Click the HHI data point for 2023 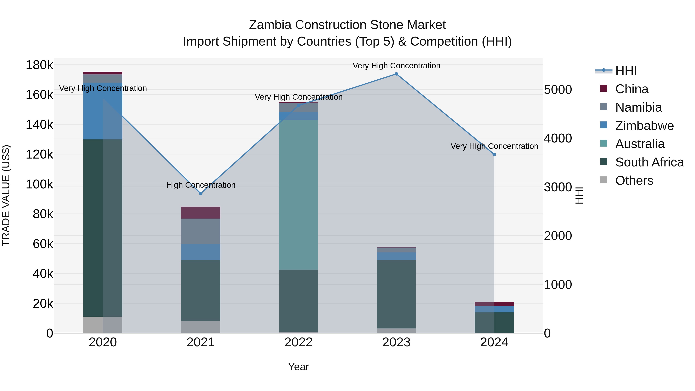pyautogui.click(x=396, y=74)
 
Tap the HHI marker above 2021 pyautogui.click(x=200, y=193)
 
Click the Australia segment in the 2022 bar pyautogui.click(x=298, y=194)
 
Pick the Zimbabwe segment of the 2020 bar pyautogui.click(x=103, y=111)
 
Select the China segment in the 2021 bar pyautogui.click(x=200, y=212)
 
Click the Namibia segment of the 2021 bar pyautogui.click(x=200, y=231)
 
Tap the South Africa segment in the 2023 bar pyautogui.click(x=396, y=294)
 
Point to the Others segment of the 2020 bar pyautogui.click(x=103, y=325)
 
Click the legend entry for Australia pyautogui.click(x=640, y=144)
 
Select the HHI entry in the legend pyautogui.click(x=626, y=71)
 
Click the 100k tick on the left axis pyautogui.click(x=39, y=185)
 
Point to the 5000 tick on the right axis pyautogui.click(x=558, y=90)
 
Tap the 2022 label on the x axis pyautogui.click(x=298, y=342)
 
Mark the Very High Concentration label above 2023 pyautogui.click(x=396, y=66)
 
